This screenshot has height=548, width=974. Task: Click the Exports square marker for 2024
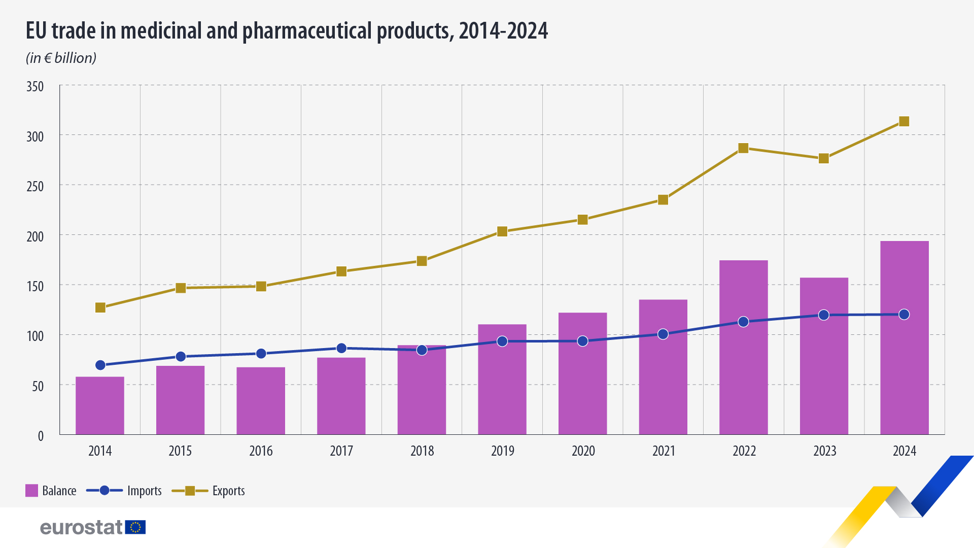point(904,121)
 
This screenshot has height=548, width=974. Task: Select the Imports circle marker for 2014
point(100,365)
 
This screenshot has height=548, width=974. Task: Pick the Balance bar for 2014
point(100,406)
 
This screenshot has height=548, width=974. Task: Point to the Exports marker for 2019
point(502,231)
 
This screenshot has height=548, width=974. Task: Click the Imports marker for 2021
point(663,334)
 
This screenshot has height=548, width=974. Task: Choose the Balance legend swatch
point(32,491)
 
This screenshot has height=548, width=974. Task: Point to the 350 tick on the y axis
point(35,86)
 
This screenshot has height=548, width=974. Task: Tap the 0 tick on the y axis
point(41,435)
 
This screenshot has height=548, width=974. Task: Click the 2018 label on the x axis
point(422,451)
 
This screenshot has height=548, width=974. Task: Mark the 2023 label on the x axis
point(824,451)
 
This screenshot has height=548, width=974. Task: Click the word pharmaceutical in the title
point(307,31)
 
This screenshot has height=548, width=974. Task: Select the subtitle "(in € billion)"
point(61,58)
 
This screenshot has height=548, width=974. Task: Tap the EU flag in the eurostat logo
point(135,527)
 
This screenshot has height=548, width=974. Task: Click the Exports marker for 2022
point(743,148)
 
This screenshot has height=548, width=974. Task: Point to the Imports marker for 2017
point(341,348)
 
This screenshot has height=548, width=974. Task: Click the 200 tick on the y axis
point(35,236)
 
